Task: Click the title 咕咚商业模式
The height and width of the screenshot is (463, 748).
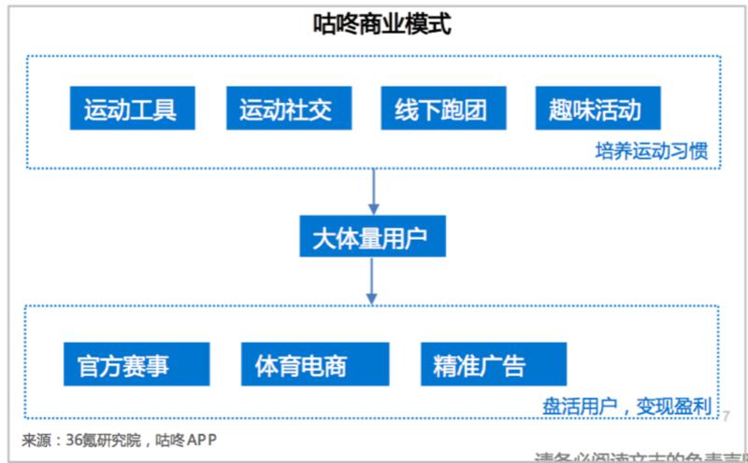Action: (x=381, y=22)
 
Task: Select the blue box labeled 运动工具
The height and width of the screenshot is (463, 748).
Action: (x=123, y=109)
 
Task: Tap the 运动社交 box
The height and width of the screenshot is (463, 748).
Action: (x=280, y=109)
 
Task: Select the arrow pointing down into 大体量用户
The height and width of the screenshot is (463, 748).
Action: (x=374, y=191)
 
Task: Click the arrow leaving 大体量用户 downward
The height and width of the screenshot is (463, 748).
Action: (x=374, y=280)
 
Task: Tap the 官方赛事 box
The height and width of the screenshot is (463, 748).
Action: (x=137, y=364)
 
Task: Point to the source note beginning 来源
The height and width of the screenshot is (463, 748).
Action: (x=122, y=440)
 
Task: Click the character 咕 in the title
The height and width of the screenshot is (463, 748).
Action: (x=324, y=22)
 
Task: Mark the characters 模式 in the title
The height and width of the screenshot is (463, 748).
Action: (x=428, y=22)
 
